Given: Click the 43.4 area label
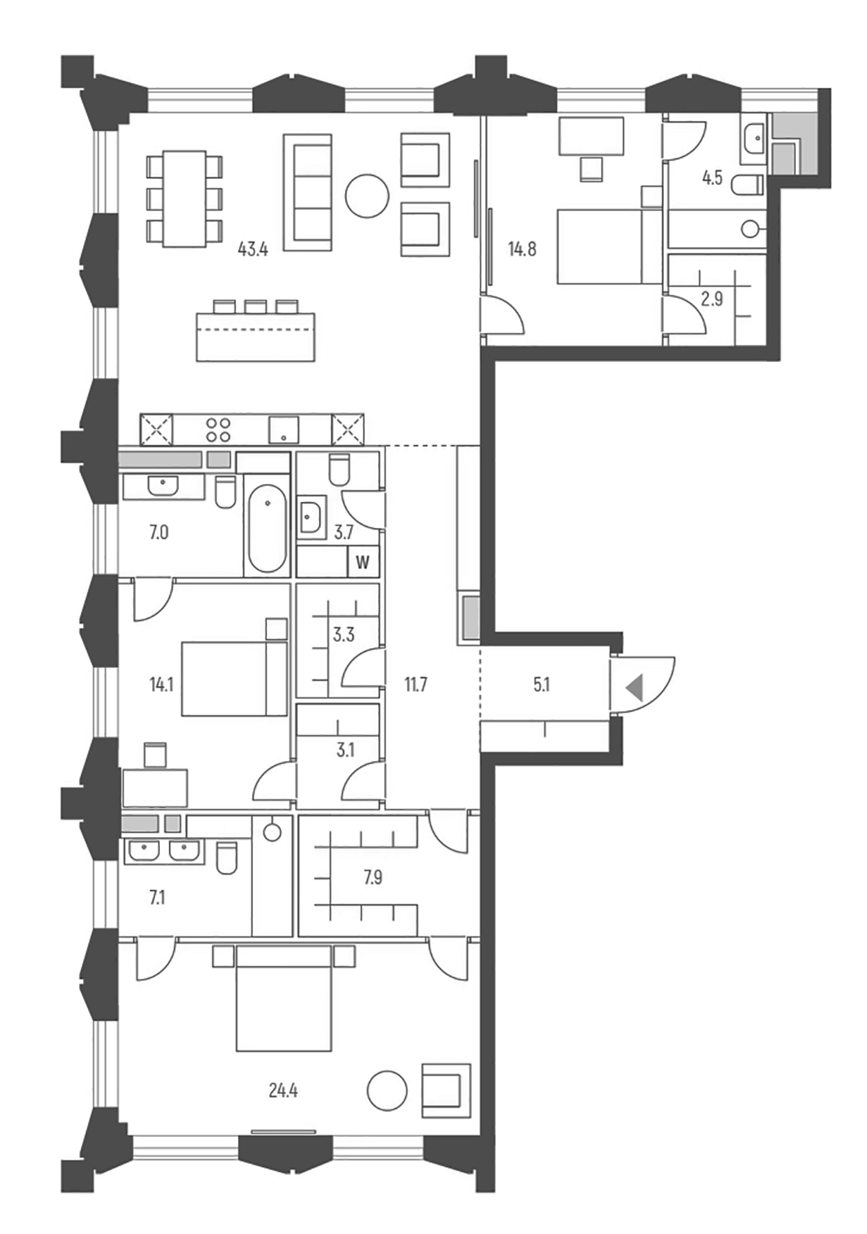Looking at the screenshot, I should tap(252, 249).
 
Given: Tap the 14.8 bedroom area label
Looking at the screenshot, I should tap(522, 249).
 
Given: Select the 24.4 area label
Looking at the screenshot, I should tap(283, 1090).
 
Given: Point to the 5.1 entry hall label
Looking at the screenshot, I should tap(541, 684).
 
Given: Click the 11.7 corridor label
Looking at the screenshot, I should tap(416, 684).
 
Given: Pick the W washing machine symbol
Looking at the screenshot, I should tap(363, 563).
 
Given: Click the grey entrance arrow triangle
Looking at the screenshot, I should tap(634, 687).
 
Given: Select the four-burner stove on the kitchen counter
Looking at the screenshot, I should tap(218, 430).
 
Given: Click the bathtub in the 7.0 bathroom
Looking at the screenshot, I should tap(267, 528).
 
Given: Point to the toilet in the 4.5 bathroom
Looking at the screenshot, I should tap(747, 184).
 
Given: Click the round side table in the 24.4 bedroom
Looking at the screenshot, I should tap(387, 1091).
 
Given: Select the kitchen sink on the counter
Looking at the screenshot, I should tap(283, 430).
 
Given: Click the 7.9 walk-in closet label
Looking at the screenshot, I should tap(373, 877).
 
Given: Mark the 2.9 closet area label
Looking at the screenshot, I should tap(712, 299).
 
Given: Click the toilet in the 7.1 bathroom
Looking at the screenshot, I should tap(226, 858).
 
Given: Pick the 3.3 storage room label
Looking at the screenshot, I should tap(344, 634).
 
